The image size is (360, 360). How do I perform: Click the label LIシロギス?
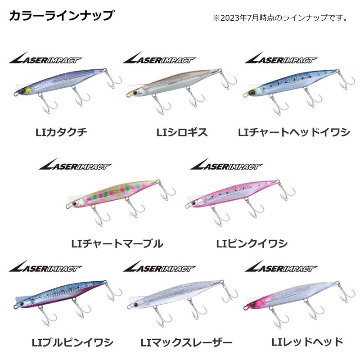tap(182, 132)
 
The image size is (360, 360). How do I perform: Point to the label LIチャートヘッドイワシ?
tap(294, 132)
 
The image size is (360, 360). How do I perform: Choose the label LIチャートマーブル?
tap(117, 244)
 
